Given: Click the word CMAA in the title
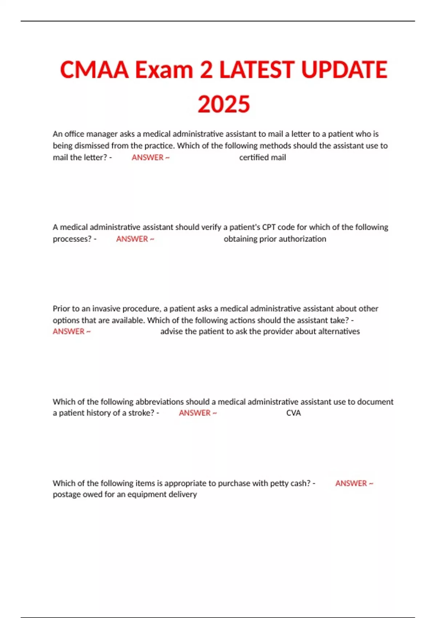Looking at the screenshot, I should (94, 70).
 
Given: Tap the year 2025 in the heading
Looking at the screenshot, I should (224, 104).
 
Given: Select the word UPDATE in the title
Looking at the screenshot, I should (344, 70).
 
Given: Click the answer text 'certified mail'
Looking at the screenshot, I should (262, 157).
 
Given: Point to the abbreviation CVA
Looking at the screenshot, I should (293, 413).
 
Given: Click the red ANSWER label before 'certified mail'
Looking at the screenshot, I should (150, 157).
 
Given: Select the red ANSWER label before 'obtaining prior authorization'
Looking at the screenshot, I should (135, 239).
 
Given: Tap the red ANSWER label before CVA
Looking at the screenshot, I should (197, 413).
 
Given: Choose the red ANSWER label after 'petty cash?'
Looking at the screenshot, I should (354, 483).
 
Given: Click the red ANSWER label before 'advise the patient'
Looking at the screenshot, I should (71, 332).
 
